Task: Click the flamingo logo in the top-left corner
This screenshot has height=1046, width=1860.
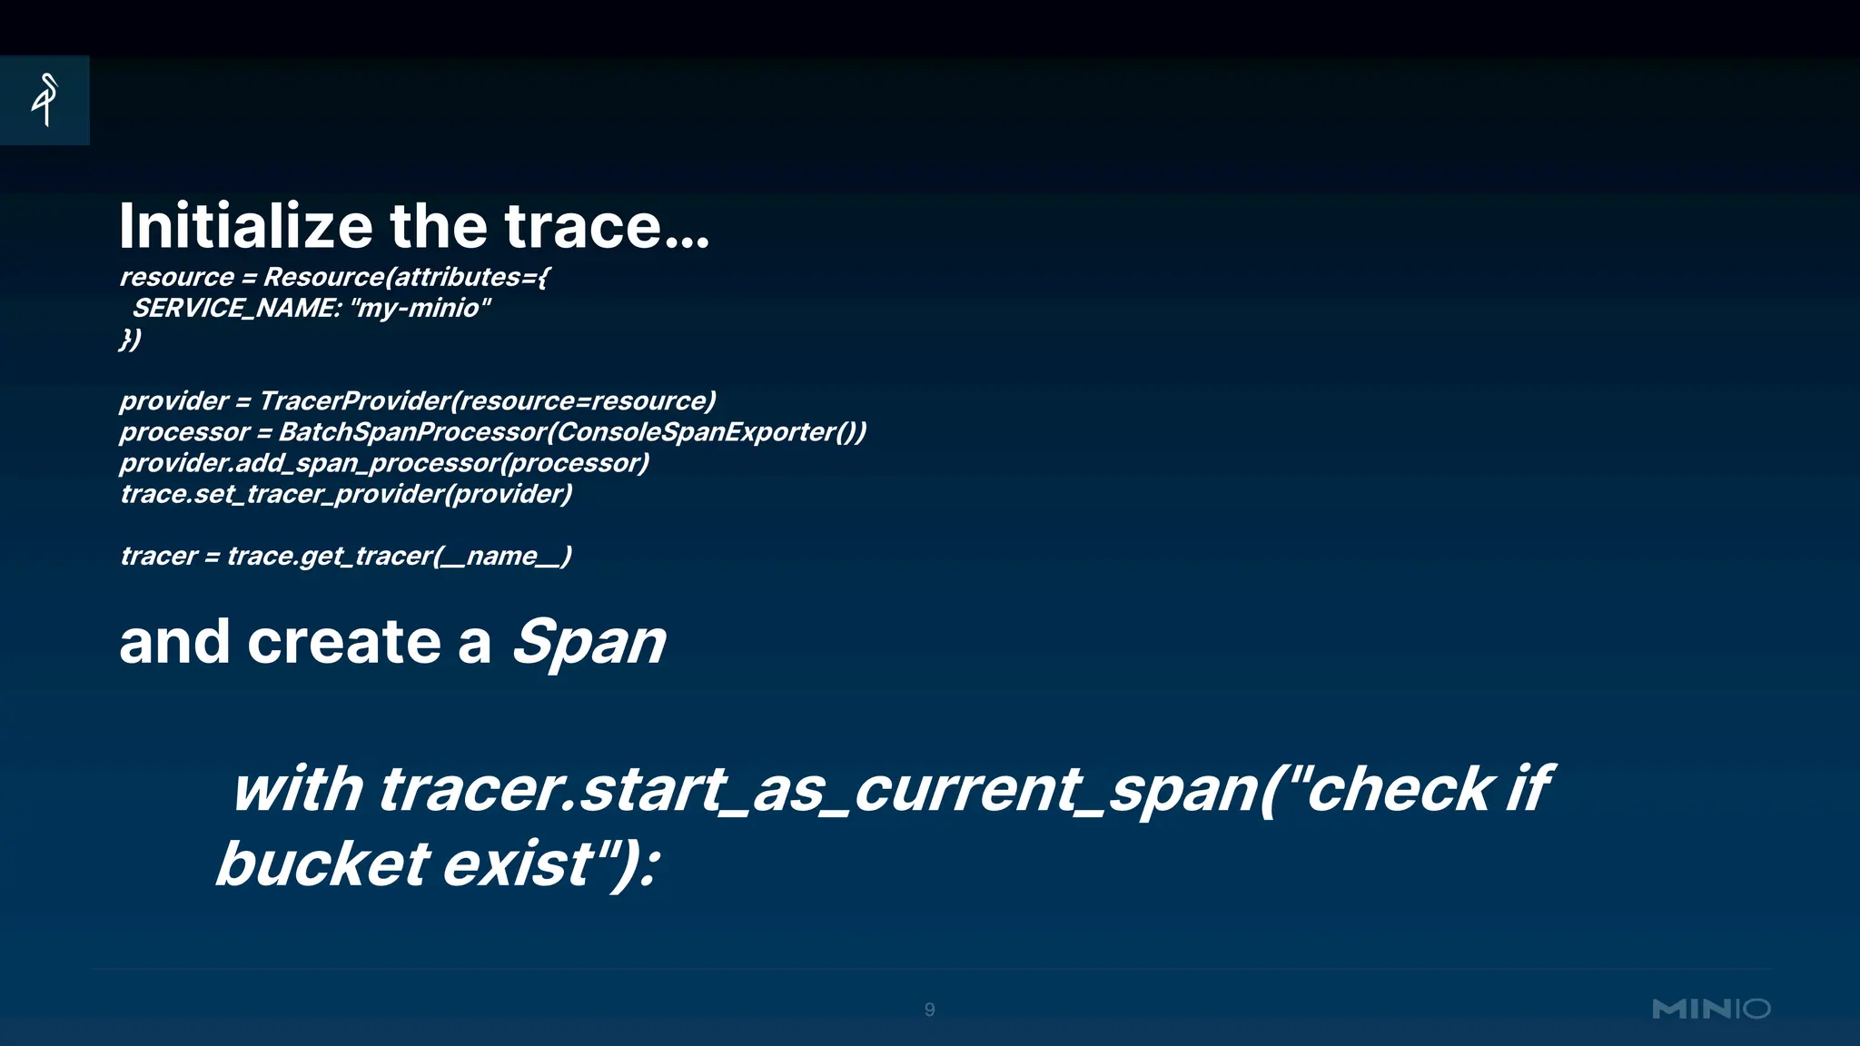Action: pyautogui.click(x=45, y=100)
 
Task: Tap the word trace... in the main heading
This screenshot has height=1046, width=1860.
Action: pyautogui.click(x=606, y=226)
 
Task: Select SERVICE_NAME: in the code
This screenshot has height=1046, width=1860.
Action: pyautogui.click(x=236, y=309)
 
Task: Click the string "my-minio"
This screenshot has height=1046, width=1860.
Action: pyautogui.click(x=420, y=309)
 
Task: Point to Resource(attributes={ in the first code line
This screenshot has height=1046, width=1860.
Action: pyautogui.click(x=406, y=277)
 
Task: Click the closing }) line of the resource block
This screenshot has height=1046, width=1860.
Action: pyautogui.click(x=131, y=340)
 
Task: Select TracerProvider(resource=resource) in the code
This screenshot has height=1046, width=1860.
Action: pyautogui.click(x=488, y=401)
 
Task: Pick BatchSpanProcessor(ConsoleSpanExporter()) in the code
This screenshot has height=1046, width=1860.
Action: pyautogui.click(x=572, y=432)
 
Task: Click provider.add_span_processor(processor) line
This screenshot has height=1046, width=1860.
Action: pyautogui.click(x=384, y=463)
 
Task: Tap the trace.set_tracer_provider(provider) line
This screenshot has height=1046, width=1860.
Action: pyautogui.click(x=346, y=494)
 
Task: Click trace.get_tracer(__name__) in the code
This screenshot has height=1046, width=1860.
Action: pyautogui.click(x=400, y=556)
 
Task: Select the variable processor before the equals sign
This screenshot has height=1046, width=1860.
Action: pyautogui.click(x=183, y=432)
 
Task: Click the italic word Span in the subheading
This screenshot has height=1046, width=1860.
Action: pyautogui.click(x=589, y=642)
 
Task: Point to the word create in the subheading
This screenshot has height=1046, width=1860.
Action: pyautogui.click(x=344, y=642)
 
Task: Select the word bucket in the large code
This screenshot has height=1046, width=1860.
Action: pyautogui.click(x=322, y=863)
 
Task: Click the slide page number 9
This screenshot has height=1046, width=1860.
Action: pyautogui.click(x=929, y=1010)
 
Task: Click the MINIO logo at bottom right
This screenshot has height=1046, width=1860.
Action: pyautogui.click(x=1711, y=1009)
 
